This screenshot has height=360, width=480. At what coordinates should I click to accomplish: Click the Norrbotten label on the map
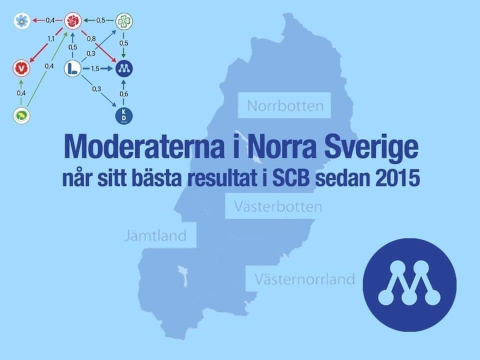point(285,106)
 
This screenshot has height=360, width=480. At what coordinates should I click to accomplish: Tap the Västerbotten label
point(278,206)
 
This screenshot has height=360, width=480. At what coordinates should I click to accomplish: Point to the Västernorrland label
point(305,279)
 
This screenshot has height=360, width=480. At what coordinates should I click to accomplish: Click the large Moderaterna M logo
point(409,284)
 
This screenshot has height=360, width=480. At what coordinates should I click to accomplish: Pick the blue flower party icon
point(22,21)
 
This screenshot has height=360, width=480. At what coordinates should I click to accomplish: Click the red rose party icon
point(73,21)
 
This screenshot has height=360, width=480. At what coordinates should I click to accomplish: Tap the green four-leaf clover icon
point(124,21)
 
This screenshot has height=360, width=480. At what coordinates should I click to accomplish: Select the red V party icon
point(21,68)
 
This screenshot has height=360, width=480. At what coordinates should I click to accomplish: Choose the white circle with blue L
point(73,68)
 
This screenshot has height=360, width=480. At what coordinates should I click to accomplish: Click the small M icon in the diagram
point(124,68)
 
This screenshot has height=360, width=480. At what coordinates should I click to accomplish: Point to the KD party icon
point(124,115)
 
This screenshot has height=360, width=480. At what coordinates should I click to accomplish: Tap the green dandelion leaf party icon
point(21,115)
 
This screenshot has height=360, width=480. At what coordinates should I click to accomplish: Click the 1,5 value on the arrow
point(95,68)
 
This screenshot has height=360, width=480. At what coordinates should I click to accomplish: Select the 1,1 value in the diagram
point(51,39)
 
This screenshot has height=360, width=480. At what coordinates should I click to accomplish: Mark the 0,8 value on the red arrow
point(91,39)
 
